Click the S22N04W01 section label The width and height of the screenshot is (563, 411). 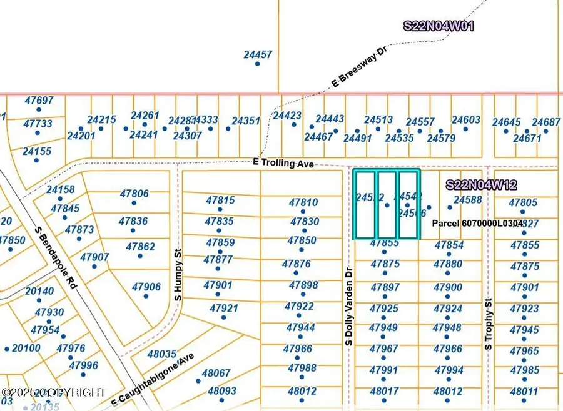[439, 26]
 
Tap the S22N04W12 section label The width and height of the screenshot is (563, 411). [482, 185]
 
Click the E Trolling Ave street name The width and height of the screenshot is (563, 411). [283, 162]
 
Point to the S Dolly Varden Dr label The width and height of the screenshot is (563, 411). [349, 304]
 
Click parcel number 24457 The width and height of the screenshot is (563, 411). [258, 55]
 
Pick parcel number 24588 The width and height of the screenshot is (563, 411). [468, 200]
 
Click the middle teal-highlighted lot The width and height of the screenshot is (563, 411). [387, 204]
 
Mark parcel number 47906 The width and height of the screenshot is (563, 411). [146, 287]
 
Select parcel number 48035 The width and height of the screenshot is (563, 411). [161, 354]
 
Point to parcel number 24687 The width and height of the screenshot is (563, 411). [546, 122]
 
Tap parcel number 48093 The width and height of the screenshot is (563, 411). [222, 391]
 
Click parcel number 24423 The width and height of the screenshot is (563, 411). [288, 116]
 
